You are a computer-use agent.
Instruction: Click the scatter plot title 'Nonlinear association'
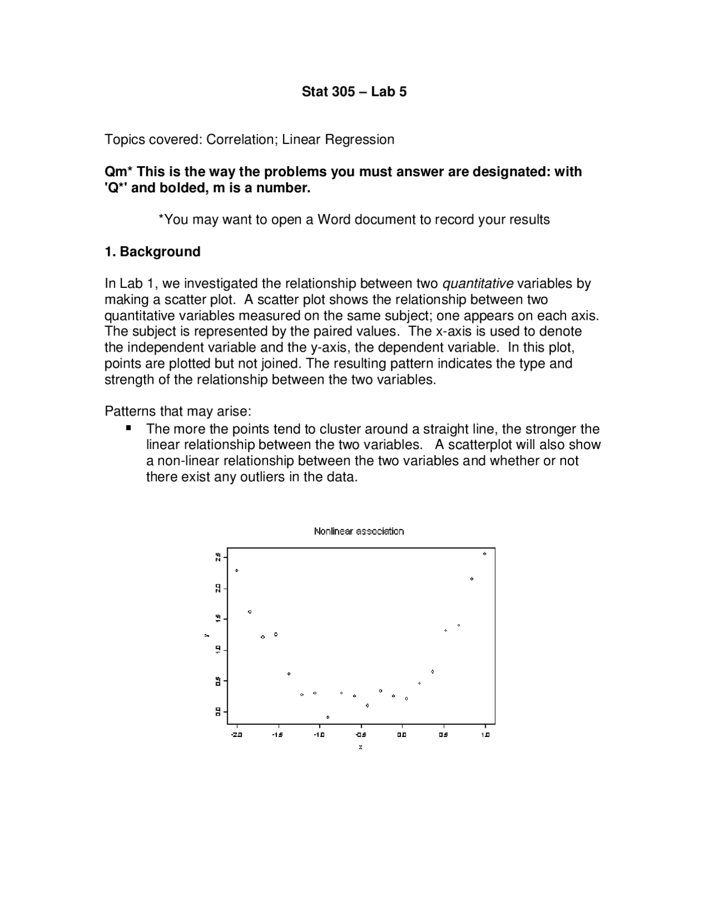[x=359, y=532]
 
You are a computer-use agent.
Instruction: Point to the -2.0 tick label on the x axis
[x=237, y=735]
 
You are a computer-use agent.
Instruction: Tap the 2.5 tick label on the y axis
[x=218, y=557]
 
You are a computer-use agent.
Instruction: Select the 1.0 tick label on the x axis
[x=485, y=735]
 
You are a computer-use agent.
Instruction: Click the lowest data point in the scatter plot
[x=328, y=717]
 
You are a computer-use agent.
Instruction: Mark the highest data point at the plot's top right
[x=485, y=553]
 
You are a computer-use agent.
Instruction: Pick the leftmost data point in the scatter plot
[x=237, y=570]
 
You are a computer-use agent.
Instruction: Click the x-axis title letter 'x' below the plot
[x=361, y=747]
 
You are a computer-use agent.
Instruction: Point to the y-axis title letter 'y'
[x=206, y=635]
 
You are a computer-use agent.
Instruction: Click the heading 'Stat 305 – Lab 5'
[x=354, y=92]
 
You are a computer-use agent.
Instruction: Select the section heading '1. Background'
[x=152, y=252]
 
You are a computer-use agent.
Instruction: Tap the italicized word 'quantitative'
[x=477, y=284]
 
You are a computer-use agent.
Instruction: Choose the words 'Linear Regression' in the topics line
[x=338, y=140]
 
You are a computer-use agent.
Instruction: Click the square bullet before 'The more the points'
[x=129, y=428]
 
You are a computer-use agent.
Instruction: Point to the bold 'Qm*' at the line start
[x=119, y=172]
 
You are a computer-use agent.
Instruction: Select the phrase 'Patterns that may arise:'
[x=178, y=412]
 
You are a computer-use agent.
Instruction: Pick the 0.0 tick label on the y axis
[x=218, y=711]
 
